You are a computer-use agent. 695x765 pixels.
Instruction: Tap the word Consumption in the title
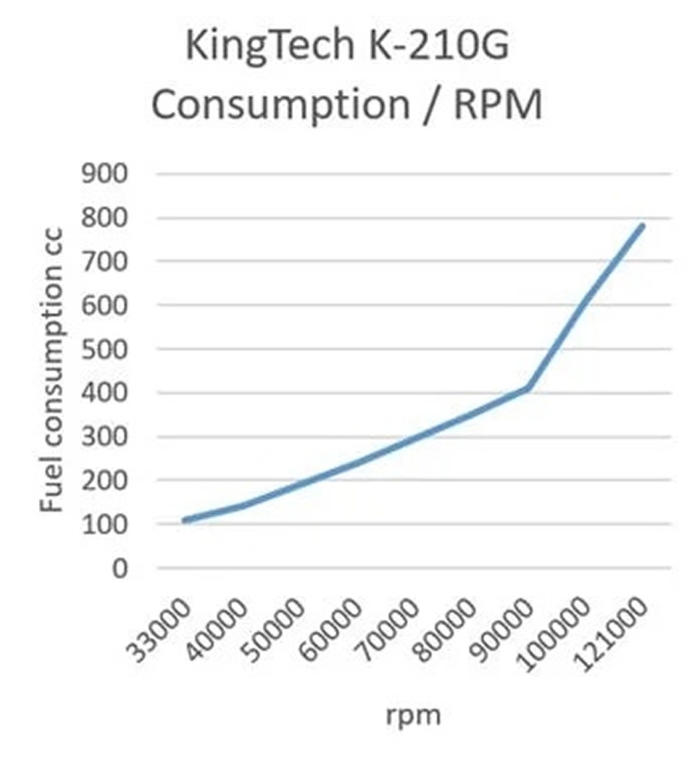tap(280, 105)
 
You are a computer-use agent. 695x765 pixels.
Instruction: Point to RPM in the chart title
tap(498, 104)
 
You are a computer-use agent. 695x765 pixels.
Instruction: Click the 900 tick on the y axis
tap(105, 173)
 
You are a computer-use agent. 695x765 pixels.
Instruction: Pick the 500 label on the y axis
tap(105, 349)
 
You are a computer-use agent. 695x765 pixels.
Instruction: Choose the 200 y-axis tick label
tap(105, 480)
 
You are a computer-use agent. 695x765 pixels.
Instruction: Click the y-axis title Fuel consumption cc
tap(52, 370)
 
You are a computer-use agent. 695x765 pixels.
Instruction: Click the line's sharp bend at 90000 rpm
tap(528, 388)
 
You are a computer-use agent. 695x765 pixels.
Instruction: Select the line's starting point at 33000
tap(185, 521)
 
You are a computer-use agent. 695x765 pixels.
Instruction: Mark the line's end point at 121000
tap(642, 226)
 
